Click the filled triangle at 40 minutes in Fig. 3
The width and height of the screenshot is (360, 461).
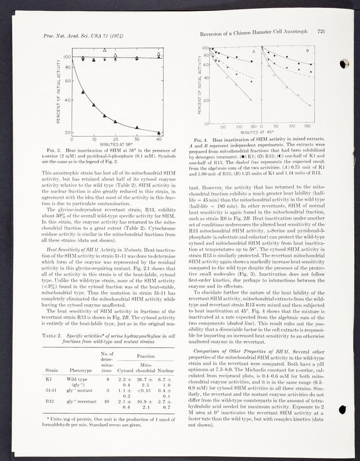click(159, 133)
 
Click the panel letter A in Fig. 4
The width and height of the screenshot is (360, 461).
click(253, 52)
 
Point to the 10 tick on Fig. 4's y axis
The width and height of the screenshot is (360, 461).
click(206, 122)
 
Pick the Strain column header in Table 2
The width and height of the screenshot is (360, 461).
click(52, 370)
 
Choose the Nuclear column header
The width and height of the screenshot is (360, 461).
click(165, 370)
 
